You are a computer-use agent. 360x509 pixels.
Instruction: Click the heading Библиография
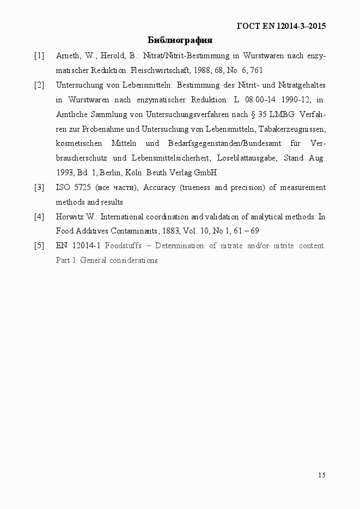click(180, 40)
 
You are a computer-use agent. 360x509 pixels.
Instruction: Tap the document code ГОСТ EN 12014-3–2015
click(282, 26)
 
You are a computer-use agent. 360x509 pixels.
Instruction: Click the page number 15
click(322, 475)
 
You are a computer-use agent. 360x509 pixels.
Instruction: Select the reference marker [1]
click(39, 56)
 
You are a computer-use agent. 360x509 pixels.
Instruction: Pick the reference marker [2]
click(39, 85)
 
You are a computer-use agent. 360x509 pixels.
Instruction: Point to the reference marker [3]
click(39, 188)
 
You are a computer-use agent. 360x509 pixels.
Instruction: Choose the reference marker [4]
click(39, 217)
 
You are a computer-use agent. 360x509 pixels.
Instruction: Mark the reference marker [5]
click(39, 246)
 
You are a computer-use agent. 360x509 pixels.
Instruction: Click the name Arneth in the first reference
click(68, 56)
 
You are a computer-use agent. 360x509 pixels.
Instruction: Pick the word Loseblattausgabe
click(247, 158)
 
